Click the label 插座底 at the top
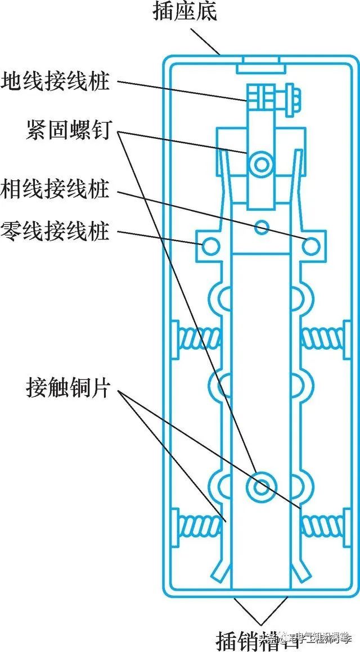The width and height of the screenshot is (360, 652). [x=184, y=13]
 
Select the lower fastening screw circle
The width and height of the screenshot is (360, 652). [x=261, y=487]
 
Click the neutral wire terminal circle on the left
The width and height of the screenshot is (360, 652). [x=210, y=245]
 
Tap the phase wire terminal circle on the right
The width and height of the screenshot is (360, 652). [x=311, y=245]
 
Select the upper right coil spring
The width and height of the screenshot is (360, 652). [x=322, y=337]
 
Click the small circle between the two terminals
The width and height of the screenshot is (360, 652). [x=261, y=227]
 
